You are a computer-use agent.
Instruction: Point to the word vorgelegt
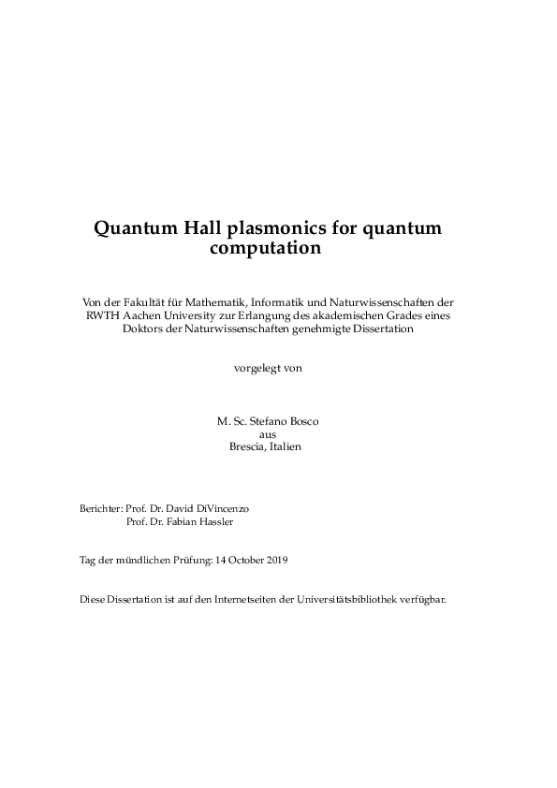pyautogui.click(x=256, y=368)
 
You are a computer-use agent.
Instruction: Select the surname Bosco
pyautogui.click(x=303, y=421)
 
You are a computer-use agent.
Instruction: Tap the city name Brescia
pyautogui.click(x=247, y=446)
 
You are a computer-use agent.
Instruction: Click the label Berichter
pyautogui.click(x=100, y=507)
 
